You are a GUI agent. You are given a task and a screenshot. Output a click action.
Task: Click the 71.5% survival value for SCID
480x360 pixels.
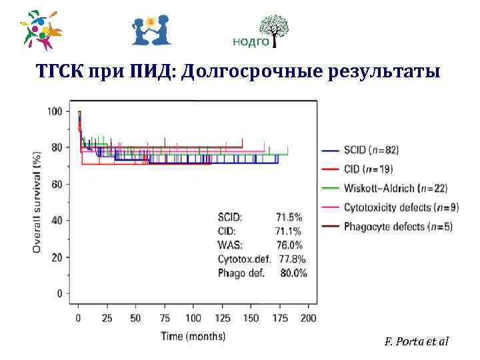(289, 217)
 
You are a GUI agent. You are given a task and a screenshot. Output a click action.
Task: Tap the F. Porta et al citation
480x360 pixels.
(417, 341)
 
